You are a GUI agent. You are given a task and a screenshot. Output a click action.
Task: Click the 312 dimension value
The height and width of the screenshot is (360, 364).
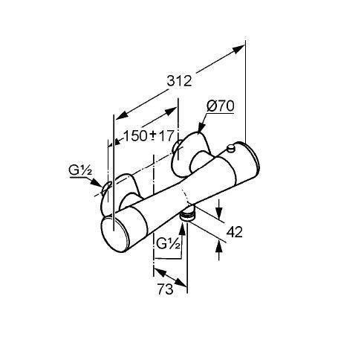coord(179,81)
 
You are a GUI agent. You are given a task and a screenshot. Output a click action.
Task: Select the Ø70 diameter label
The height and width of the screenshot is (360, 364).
coord(221,106)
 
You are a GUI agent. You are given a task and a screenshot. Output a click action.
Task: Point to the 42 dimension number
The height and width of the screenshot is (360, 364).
coord(235,232)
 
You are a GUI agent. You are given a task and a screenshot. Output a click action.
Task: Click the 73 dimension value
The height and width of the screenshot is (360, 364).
coord(166,289)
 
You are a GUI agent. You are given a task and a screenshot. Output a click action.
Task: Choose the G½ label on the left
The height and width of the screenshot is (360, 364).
coord(80,170)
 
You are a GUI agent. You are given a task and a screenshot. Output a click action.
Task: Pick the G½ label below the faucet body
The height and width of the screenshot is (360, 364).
coord(168,244)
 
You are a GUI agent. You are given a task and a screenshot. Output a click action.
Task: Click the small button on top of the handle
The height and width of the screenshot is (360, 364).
coord(231,148)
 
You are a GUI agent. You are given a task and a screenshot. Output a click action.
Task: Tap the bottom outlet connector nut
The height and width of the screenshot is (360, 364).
coord(188,214)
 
